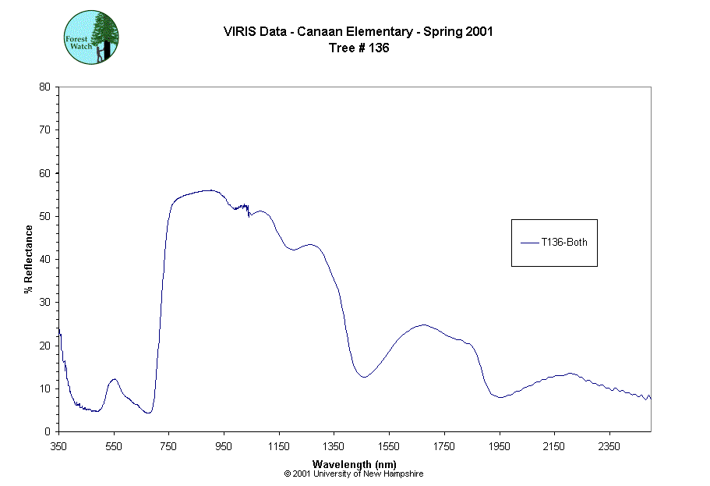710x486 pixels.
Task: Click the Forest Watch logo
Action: click(x=90, y=37)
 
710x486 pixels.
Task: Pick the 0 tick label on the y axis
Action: click(x=48, y=431)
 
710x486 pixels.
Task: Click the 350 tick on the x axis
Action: click(x=58, y=446)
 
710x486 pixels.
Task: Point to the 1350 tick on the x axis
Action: click(x=334, y=446)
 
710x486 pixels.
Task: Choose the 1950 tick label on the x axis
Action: click(x=499, y=446)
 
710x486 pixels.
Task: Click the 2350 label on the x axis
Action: click(x=609, y=446)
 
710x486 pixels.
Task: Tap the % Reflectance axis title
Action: click(x=29, y=259)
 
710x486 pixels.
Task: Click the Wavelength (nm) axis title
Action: click(x=354, y=463)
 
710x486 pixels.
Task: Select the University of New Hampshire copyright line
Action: click(x=354, y=474)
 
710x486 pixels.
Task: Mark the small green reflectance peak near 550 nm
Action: click(x=114, y=379)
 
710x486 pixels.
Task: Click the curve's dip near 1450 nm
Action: click(x=363, y=377)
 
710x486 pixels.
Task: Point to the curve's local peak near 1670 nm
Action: click(x=423, y=325)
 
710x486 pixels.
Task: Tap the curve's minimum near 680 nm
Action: click(x=148, y=413)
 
